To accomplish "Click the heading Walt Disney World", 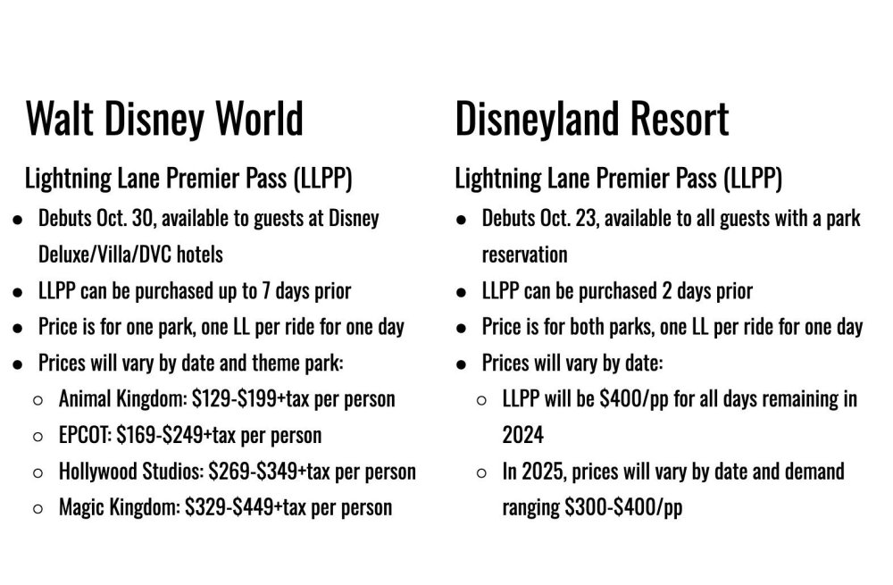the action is point(164,118).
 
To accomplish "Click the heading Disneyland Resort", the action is point(592,118).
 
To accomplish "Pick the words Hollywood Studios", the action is point(131,472).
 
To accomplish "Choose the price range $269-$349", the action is point(253,472).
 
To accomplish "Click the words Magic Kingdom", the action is point(119,507).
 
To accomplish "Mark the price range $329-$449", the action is point(229,507).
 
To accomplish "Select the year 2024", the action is point(522,435).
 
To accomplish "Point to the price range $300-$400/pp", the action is point(623,507).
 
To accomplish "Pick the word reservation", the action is point(524,255).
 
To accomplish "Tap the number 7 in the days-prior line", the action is point(266,291).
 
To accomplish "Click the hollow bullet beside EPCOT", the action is point(38,438).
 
